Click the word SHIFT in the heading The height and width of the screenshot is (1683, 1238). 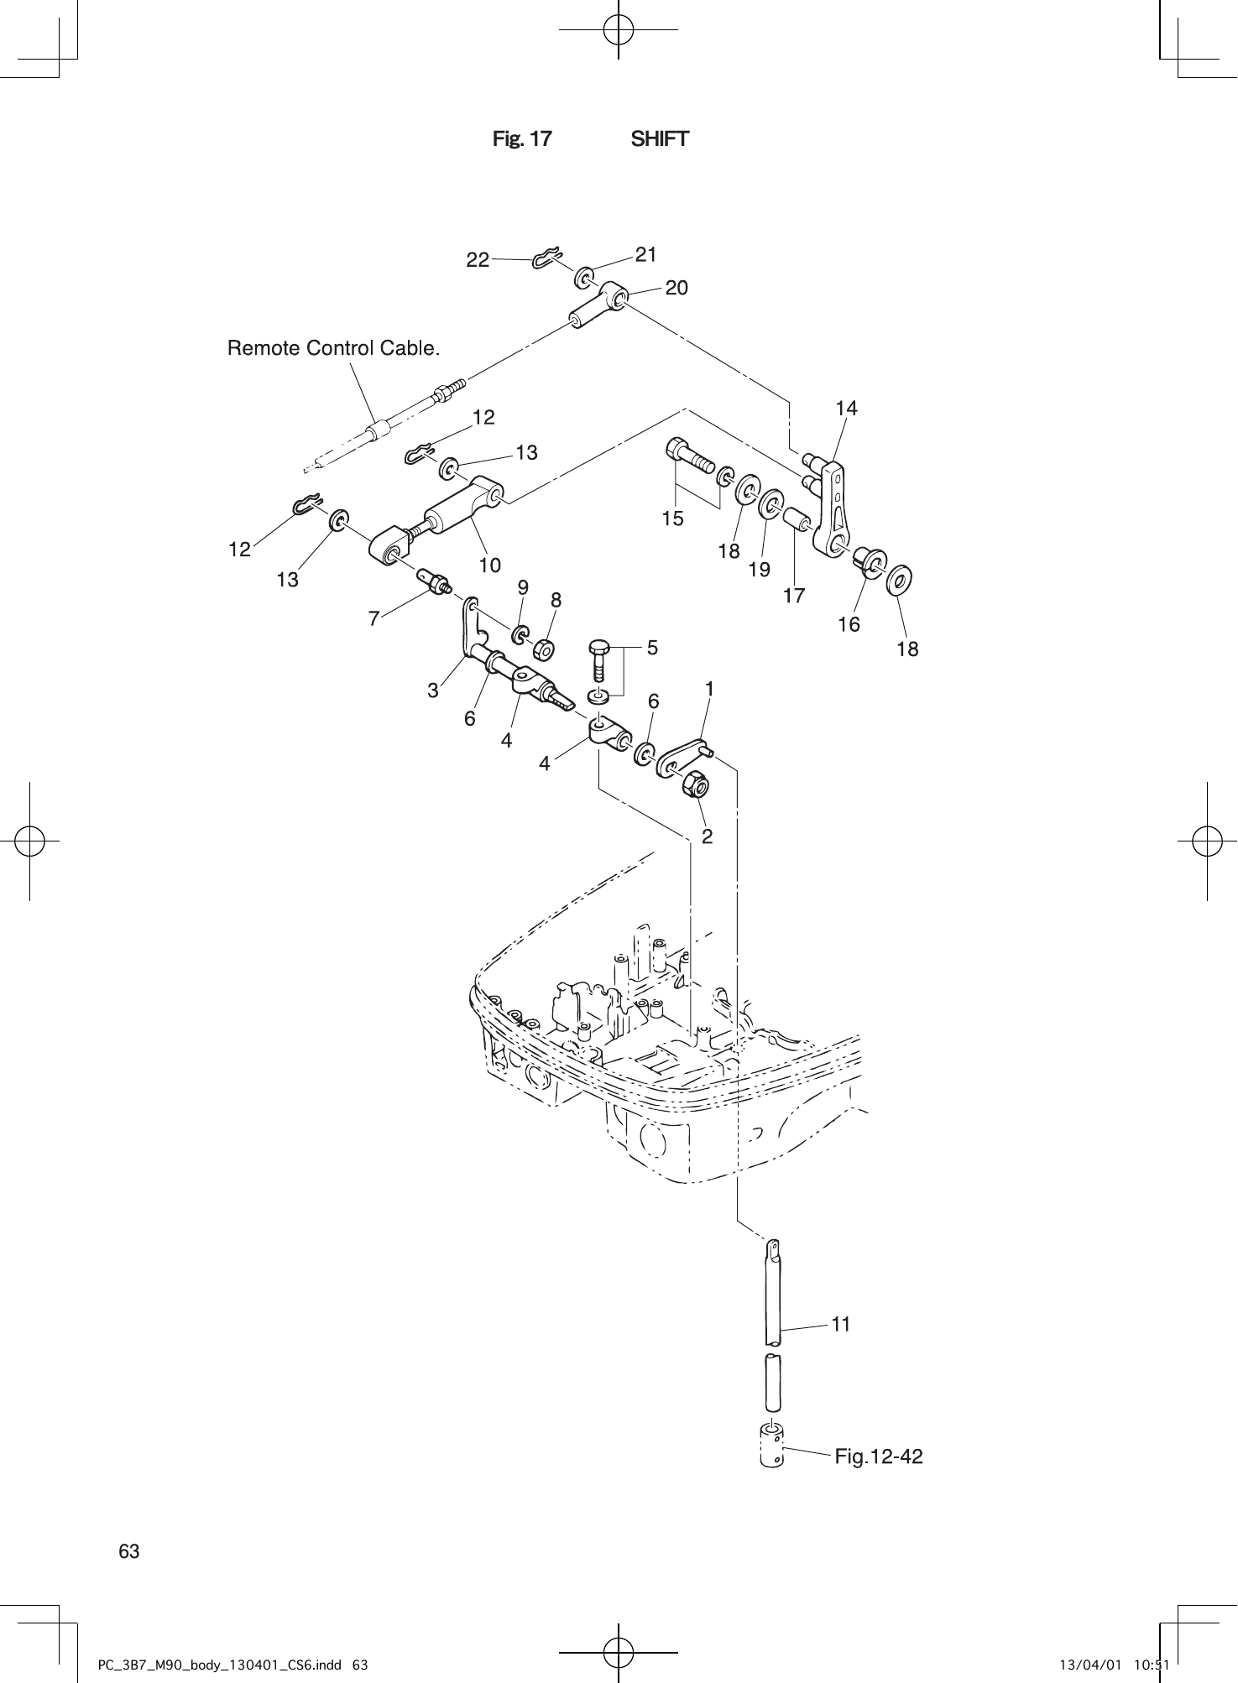click(x=660, y=139)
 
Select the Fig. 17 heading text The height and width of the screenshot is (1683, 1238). click(x=522, y=139)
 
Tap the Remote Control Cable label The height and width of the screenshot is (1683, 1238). click(x=333, y=347)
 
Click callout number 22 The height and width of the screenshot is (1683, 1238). click(x=478, y=260)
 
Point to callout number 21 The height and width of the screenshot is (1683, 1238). click(x=645, y=254)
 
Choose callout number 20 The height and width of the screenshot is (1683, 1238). click(x=676, y=289)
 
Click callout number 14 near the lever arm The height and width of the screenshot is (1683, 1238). click(x=846, y=409)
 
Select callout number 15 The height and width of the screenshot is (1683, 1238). click(x=672, y=518)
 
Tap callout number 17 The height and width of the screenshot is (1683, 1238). click(x=793, y=596)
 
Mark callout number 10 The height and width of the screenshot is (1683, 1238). click(x=489, y=565)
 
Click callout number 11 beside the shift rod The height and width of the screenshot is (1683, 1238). click(x=841, y=1324)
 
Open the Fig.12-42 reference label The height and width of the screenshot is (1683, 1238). click(x=878, y=1456)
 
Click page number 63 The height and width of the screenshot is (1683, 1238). click(x=129, y=1551)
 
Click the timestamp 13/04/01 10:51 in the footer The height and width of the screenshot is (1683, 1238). click(x=1110, y=1664)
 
